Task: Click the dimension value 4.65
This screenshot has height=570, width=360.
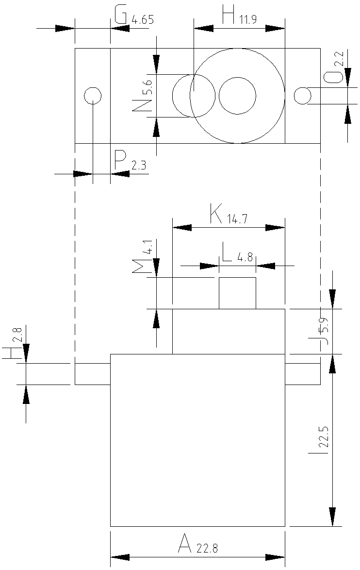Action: pyautogui.click(x=143, y=20)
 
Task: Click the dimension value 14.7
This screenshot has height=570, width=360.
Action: pyautogui.click(x=237, y=219)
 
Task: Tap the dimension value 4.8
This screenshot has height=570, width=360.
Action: pyautogui.click(x=245, y=258)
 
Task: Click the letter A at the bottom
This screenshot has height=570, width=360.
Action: pyautogui.click(x=184, y=543)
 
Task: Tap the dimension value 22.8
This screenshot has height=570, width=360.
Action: pyautogui.click(x=207, y=549)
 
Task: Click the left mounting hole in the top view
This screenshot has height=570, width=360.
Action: pyautogui.click(x=93, y=96)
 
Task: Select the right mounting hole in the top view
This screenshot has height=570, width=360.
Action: pyautogui.click(x=302, y=96)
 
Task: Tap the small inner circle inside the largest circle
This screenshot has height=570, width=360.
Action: pyautogui.click(x=237, y=96)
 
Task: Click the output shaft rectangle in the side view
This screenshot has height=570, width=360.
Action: pyautogui.click(x=237, y=293)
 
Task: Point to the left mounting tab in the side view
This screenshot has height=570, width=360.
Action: pyautogui.click(x=93, y=374)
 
